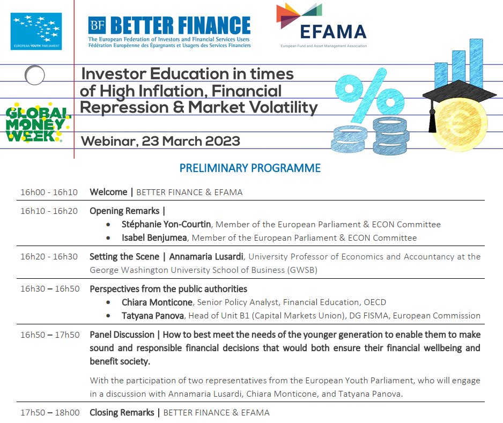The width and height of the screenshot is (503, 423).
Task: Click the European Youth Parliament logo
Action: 36,32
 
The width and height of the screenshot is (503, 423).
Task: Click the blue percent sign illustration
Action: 369,94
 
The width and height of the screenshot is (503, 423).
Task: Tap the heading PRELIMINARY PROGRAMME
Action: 250,168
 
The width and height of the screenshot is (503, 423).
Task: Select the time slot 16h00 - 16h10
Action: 49,192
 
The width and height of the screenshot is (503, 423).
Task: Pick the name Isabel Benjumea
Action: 153,238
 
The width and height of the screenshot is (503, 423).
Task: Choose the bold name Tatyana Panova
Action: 153,316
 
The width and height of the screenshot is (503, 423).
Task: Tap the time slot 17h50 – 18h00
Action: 50,413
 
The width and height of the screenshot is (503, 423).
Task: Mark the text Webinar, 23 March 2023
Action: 160,142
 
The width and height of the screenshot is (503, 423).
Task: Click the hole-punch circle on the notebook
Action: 34,75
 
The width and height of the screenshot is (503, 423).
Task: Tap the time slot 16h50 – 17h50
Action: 50,335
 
